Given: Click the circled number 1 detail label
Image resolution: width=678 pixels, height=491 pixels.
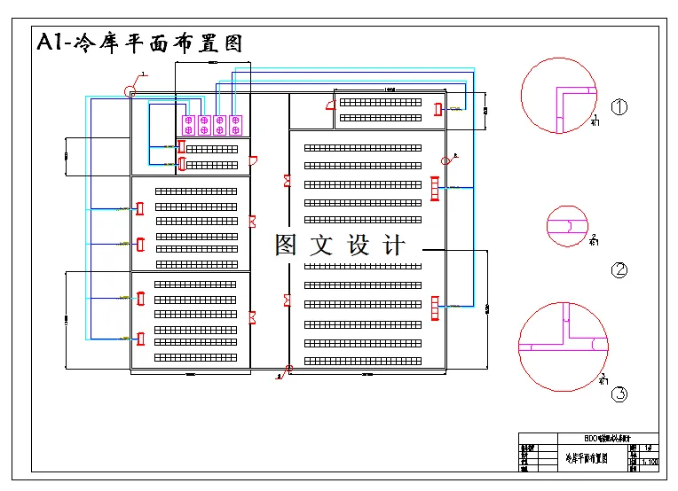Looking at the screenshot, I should click(x=619, y=107).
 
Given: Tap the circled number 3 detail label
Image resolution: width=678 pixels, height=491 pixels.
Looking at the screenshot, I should click(x=619, y=394).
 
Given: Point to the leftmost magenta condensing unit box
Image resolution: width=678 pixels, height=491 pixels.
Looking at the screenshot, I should click(x=188, y=125).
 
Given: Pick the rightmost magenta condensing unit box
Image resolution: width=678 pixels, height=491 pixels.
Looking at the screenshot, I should click(x=235, y=125).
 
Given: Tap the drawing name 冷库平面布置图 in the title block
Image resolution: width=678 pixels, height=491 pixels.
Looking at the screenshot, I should click(x=587, y=458).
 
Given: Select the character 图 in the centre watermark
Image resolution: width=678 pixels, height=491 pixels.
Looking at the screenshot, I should click(x=286, y=245).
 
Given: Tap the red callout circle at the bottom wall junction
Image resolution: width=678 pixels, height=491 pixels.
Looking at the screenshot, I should click(x=288, y=368).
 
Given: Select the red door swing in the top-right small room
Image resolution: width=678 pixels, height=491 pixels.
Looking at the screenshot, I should click(x=330, y=104).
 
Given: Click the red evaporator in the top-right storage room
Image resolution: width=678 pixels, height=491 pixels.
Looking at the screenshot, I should click(x=437, y=109).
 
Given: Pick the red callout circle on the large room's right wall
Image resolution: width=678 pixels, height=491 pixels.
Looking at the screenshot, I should click(x=445, y=160).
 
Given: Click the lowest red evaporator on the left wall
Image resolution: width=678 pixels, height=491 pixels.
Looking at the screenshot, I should click(x=140, y=337).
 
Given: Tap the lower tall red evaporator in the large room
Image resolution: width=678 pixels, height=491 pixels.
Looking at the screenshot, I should click(x=434, y=307).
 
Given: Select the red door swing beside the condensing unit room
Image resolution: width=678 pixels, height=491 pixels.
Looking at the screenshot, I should click(x=254, y=160).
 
